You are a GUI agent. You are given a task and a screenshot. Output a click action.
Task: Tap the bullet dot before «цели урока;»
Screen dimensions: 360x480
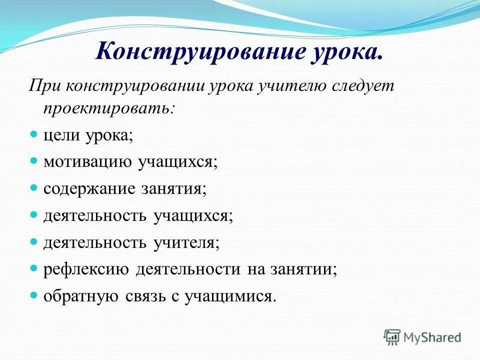34,134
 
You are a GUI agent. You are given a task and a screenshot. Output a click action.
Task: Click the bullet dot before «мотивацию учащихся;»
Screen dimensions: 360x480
34,161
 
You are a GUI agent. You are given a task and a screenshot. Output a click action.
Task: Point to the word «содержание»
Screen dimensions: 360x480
89,189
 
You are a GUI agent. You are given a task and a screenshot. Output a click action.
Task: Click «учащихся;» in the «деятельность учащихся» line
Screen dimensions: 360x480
193,216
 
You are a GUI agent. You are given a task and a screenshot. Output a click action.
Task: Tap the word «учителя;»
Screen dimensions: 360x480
186,243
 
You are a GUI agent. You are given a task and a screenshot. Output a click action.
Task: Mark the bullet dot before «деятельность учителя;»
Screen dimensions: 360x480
34,242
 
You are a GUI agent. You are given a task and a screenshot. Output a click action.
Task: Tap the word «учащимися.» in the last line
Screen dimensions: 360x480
230,296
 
